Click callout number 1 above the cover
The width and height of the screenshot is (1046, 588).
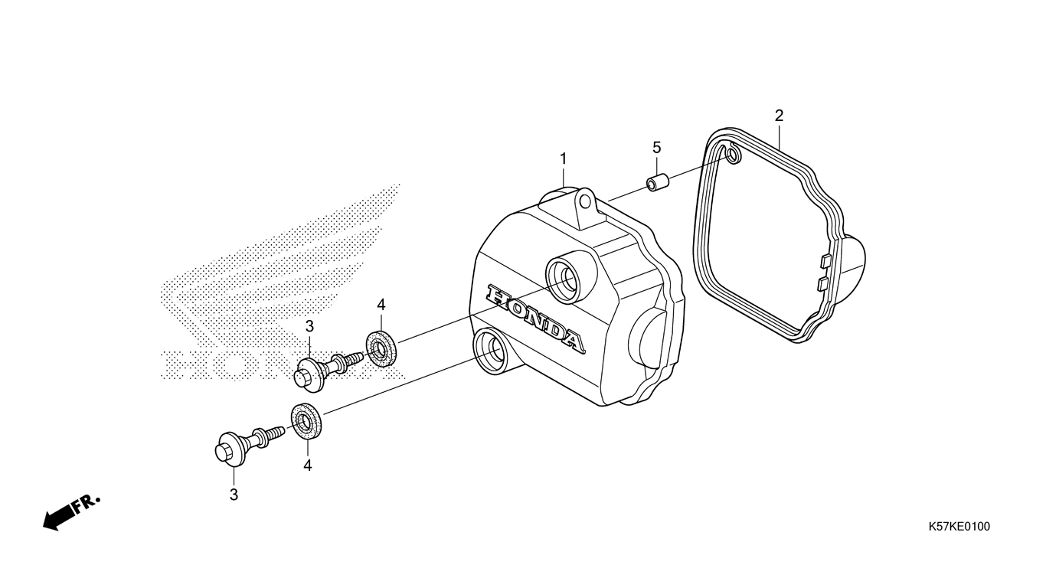[x=563, y=159]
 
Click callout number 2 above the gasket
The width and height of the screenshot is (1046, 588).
[x=779, y=116]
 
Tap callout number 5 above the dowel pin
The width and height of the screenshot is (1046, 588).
[x=656, y=147]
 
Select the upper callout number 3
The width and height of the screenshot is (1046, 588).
[x=309, y=327]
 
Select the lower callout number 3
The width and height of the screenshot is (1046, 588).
[x=234, y=495]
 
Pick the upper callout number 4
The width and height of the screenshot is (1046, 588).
[x=381, y=305]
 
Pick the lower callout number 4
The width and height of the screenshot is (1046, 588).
[x=307, y=465]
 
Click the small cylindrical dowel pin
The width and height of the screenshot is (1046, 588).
[x=656, y=185]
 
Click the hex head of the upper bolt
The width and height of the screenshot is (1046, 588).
[x=307, y=372]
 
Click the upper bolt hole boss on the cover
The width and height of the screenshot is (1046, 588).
[x=564, y=276]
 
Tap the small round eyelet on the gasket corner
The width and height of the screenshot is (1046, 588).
[x=733, y=156]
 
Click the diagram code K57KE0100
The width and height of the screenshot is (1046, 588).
[x=959, y=527]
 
